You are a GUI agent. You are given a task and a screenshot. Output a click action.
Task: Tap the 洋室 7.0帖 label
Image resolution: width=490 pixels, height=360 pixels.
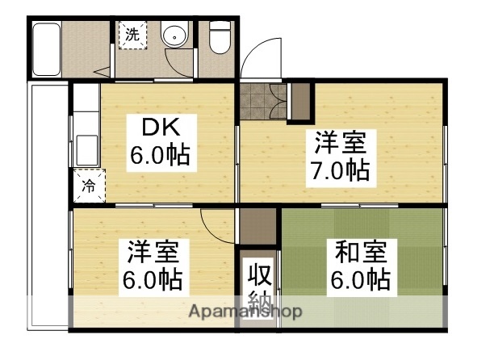point(339,157)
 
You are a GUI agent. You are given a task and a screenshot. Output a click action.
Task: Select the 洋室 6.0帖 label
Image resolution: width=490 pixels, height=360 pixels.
point(153,266)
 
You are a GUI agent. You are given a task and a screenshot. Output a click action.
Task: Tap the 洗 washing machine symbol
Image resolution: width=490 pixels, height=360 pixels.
point(132,35)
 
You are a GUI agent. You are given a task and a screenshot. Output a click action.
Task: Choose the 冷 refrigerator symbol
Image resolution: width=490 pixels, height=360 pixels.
point(89,186)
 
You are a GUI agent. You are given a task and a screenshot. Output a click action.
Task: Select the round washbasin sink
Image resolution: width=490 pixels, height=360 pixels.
point(173,36)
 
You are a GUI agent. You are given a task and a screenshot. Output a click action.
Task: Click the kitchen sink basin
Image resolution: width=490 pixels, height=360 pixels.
point(86,149)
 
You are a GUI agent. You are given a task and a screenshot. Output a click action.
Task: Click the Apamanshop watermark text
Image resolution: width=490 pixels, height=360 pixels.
point(246,311)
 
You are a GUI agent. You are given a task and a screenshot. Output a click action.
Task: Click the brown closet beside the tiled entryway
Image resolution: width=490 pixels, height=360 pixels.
point(299,99)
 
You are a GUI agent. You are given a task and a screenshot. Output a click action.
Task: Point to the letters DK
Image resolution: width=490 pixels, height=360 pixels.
point(160,128)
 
